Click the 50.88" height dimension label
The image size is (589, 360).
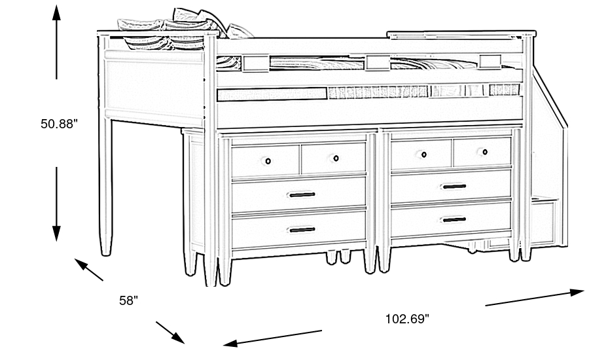[x=59, y=124]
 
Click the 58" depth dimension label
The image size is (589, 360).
[x=128, y=300]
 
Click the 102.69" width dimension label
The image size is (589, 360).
[x=407, y=319]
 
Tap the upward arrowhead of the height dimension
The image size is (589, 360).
[x=56, y=13]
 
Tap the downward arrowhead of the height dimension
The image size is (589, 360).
[x=56, y=234]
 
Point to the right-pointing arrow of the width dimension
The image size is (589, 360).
[x=535, y=297]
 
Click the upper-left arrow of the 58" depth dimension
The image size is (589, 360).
[x=88, y=270]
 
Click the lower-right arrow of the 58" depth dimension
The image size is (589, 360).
[x=170, y=333]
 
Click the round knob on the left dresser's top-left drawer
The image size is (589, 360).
[x=268, y=161]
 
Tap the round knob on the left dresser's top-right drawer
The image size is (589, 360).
[x=336, y=158]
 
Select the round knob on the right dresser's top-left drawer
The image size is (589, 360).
[x=423, y=154]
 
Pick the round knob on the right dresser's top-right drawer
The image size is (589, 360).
[x=484, y=153]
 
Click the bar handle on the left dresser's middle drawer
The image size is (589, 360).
[x=302, y=194]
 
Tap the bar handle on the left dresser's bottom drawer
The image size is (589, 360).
[x=302, y=230]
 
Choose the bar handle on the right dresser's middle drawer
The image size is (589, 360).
[x=454, y=187]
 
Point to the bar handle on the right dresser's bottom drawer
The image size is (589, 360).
[x=454, y=219]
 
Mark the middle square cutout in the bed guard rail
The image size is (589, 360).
[x=378, y=63]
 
